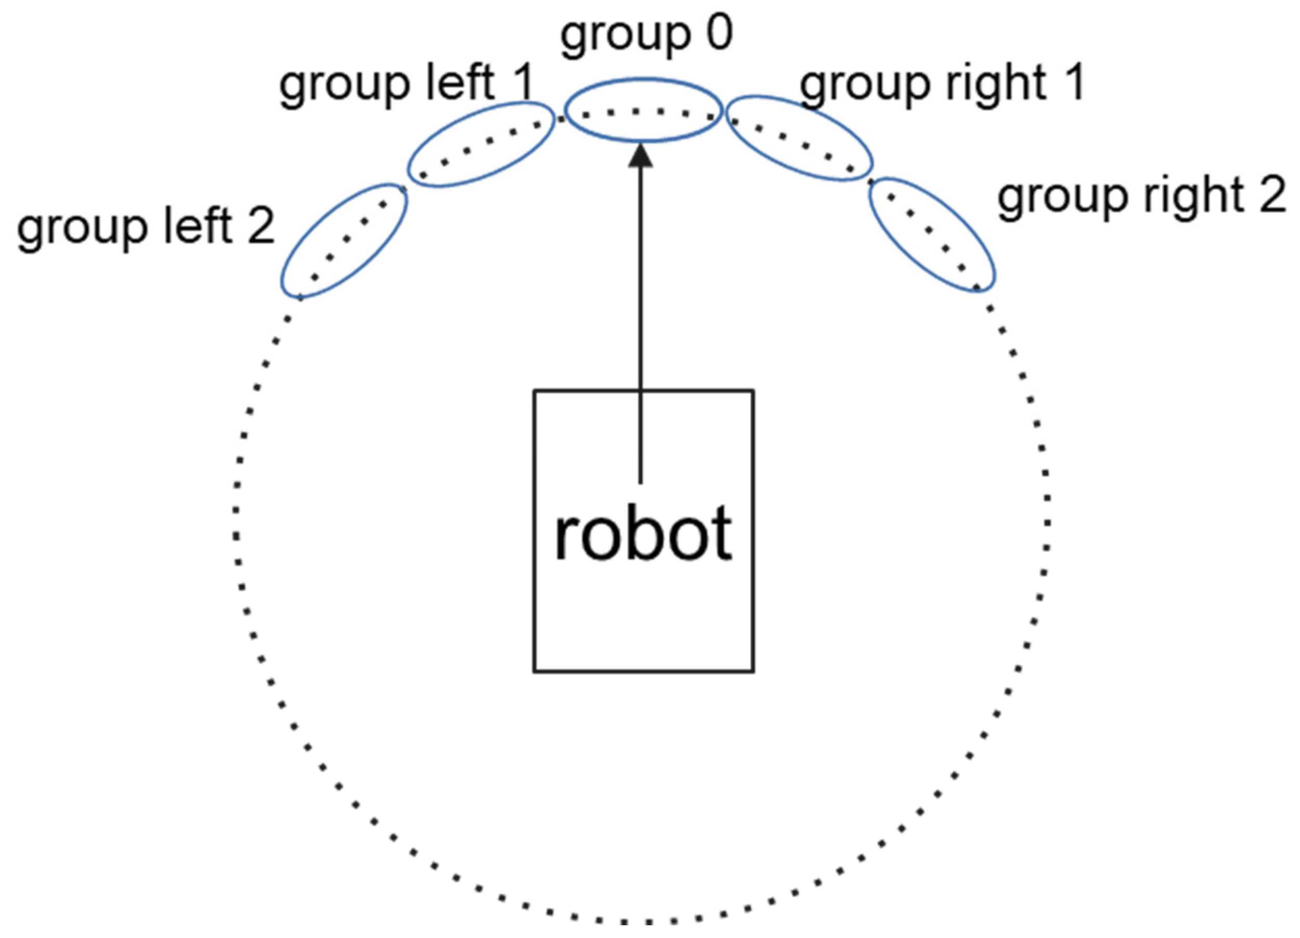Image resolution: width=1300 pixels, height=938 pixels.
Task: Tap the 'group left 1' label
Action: tap(406, 84)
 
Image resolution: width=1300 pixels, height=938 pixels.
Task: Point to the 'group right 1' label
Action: tap(942, 84)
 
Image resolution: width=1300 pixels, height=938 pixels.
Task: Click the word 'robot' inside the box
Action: tap(642, 534)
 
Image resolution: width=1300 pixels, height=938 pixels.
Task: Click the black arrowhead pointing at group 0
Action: tap(640, 157)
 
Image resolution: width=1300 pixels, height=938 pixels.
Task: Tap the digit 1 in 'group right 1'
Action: tap(1070, 83)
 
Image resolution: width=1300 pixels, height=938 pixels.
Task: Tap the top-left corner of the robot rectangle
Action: tap(534, 392)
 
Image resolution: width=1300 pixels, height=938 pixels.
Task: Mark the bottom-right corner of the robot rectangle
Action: tap(753, 671)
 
